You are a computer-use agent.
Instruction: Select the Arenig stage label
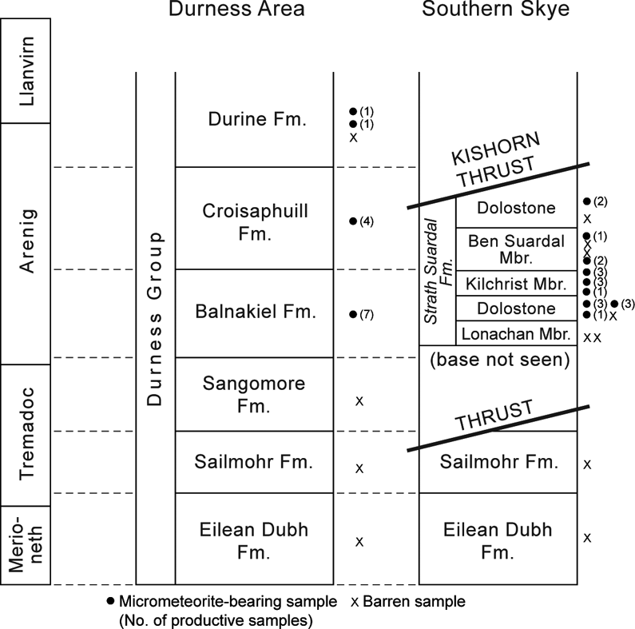[x=26, y=244]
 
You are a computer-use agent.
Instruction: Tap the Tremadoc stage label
[x=26, y=435]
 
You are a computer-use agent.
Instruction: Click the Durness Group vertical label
[x=157, y=319]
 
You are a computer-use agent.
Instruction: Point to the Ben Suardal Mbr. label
[x=517, y=249]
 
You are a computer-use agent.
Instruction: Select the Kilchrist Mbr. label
[x=517, y=284]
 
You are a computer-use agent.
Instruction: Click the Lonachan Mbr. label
[x=517, y=333]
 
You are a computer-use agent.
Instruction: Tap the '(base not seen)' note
[x=498, y=360]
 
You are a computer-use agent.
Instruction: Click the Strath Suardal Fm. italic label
[x=439, y=273]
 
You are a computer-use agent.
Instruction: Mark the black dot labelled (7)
[x=352, y=314]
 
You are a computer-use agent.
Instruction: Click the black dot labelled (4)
[x=352, y=221]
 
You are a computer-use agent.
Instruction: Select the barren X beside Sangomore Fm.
[x=359, y=400]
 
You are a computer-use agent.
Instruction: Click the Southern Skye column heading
[x=498, y=10]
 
